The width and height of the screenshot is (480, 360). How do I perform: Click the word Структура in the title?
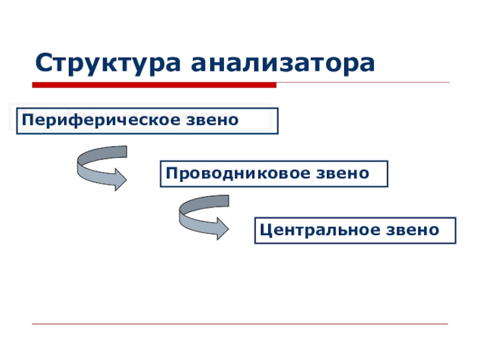click(x=109, y=62)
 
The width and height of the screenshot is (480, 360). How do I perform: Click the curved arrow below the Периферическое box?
click(x=99, y=168)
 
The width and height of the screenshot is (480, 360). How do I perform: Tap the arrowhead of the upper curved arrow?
click(x=118, y=179)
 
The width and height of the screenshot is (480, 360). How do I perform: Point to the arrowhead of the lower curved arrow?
click(x=220, y=229)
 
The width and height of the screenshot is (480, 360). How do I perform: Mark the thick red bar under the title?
click(x=154, y=85)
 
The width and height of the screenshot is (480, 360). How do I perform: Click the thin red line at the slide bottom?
click(x=240, y=324)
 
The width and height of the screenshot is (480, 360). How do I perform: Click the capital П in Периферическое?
click(x=27, y=120)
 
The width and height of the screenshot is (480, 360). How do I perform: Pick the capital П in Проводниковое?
click(x=171, y=173)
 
